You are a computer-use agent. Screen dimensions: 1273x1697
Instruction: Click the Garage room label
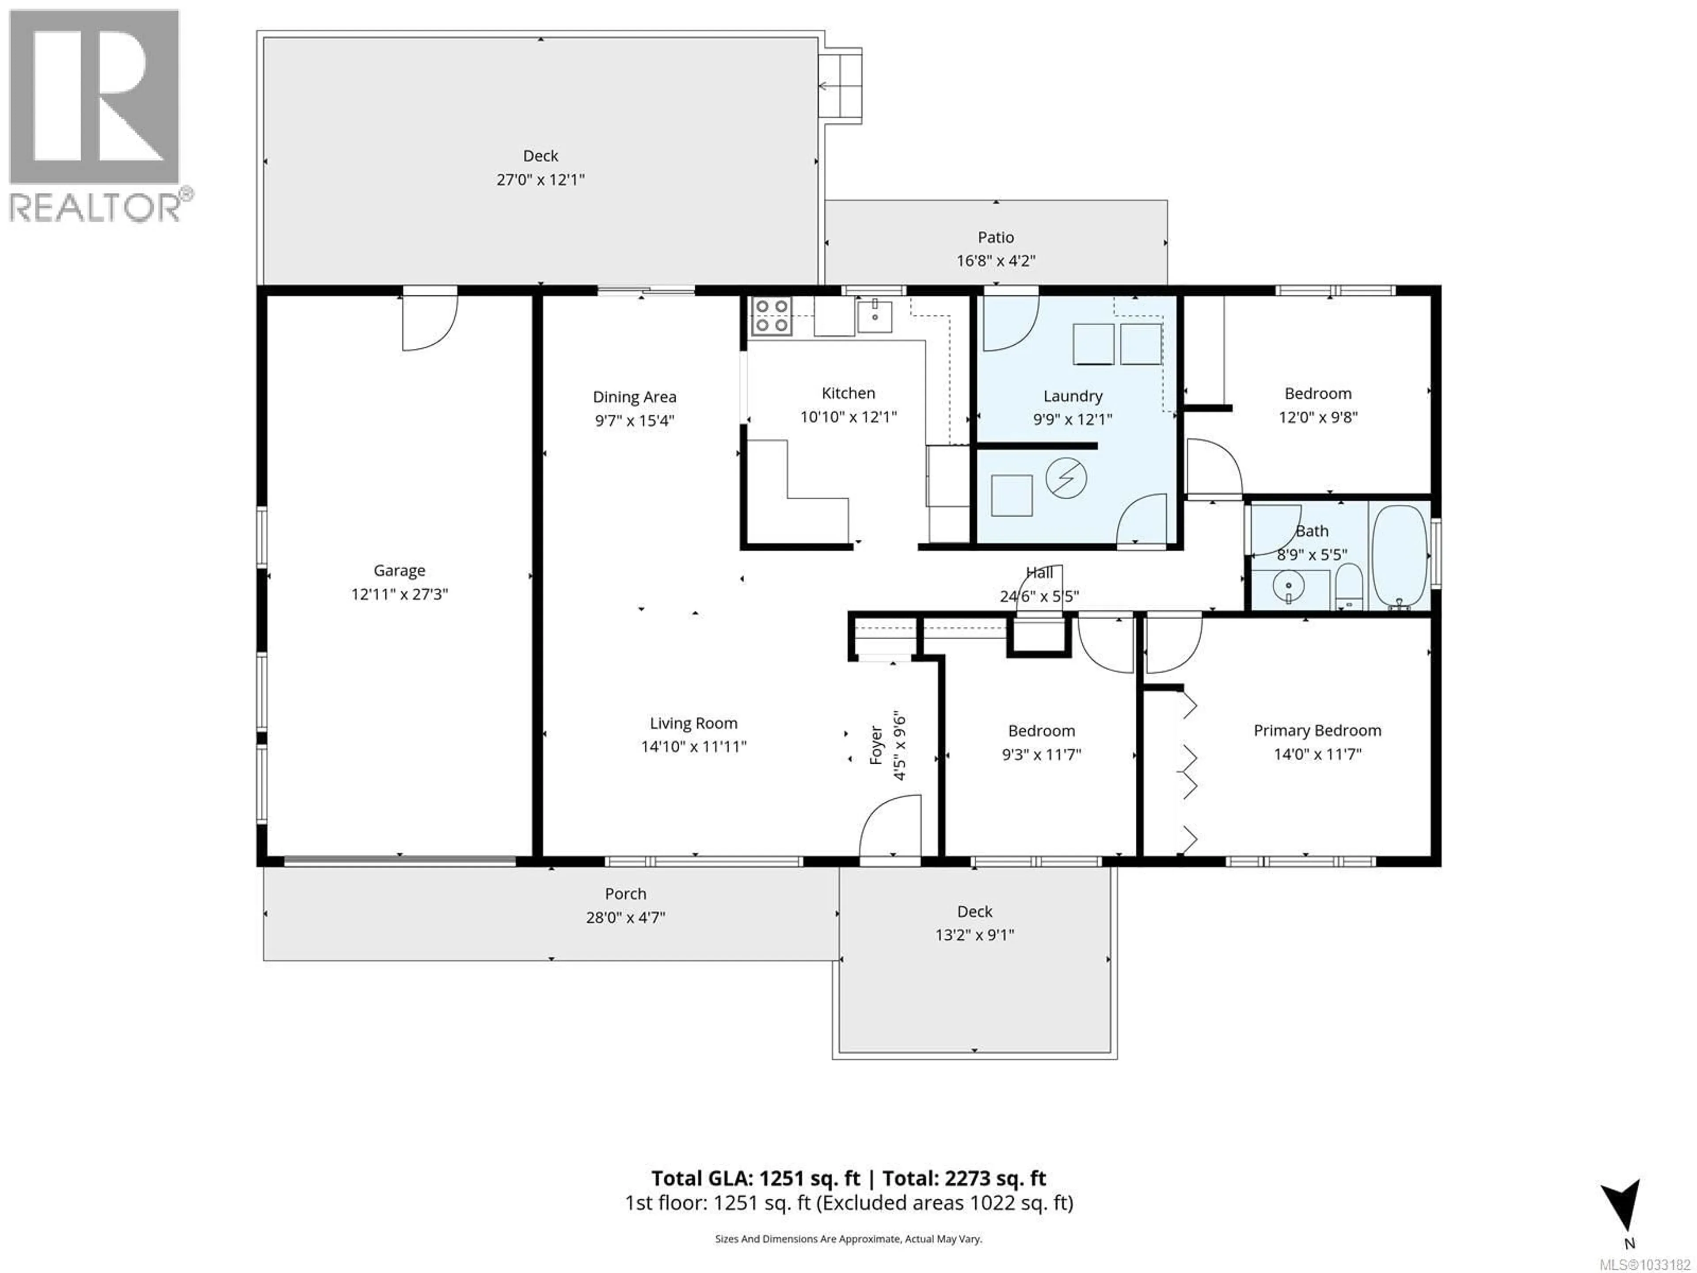(x=399, y=570)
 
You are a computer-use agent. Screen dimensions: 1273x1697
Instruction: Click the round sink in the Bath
(x=1289, y=588)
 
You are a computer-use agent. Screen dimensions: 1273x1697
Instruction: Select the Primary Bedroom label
(x=1317, y=731)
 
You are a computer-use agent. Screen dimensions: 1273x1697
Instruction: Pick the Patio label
(x=996, y=237)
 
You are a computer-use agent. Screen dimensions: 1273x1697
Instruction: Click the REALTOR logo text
(x=96, y=208)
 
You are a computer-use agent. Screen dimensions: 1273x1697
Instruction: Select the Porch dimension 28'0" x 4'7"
(x=625, y=918)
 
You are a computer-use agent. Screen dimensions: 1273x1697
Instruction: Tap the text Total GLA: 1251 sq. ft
(x=756, y=1178)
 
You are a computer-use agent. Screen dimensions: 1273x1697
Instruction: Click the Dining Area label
(x=635, y=397)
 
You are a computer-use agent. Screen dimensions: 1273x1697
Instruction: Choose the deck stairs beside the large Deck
(x=840, y=85)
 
